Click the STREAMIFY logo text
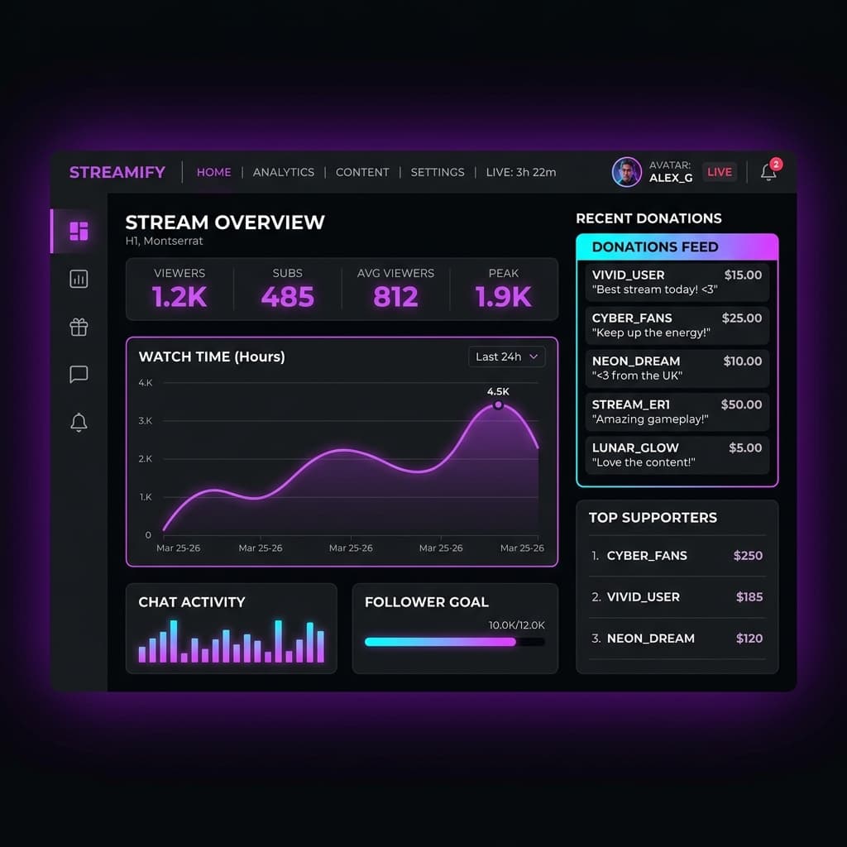point(117,172)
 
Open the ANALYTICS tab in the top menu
point(284,172)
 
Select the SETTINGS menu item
point(438,172)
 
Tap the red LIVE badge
point(720,172)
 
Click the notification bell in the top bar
point(768,173)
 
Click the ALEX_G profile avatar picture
point(626,172)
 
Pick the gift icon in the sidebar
point(79,327)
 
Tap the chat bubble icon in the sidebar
point(79,375)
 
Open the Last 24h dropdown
point(506,357)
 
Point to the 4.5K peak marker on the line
point(498,405)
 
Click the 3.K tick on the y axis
point(146,420)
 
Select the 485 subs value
point(287,297)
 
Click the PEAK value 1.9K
point(503,297)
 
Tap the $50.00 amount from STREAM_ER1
point(741,404)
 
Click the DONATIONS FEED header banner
point(677,246)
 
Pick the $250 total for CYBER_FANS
point(748,556)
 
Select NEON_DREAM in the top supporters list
point(650,639)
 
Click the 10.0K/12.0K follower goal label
point(517,625)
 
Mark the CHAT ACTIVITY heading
point(192,602)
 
